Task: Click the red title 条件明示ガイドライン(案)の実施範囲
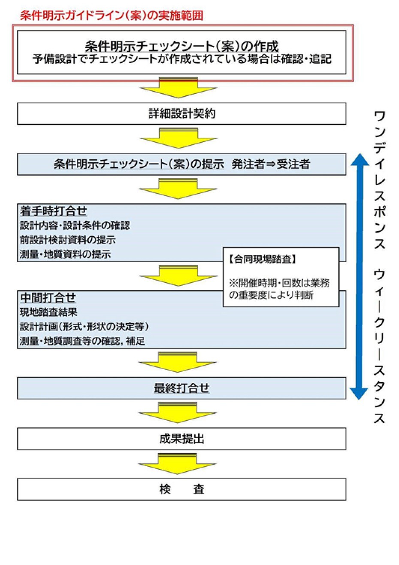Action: click(x=112, y=15)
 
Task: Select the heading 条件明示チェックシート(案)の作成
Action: click(x=181, y=46)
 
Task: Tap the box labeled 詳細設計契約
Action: click(x=181, y=114)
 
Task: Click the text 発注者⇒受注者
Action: click(x=271, y=164)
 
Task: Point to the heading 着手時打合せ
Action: click(x=53, y=211)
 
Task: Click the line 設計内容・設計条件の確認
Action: click(x=75, y=225)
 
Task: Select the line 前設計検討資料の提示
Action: click(x=67, y=240)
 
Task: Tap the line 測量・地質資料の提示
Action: click(x=65, y=254)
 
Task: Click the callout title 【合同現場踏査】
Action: click(x=262, y=259)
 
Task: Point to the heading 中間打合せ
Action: click(x=48, y=298)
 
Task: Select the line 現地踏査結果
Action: click(x=48, y=312)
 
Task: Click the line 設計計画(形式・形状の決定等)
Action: click(x=85, y=327)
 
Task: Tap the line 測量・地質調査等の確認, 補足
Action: click(x=82, y=341)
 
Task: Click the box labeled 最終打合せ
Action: click(x=181, y=388)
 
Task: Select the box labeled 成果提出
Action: click(x=181, y=439)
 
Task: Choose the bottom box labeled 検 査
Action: click(x=181, y=489)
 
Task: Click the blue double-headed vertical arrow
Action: click(x=360, y=277)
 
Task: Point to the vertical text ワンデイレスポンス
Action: click(x=380, y=180)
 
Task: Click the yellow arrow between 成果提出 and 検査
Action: click(x=177, y=464)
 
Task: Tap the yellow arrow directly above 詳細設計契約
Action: click(x=178, y=88)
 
